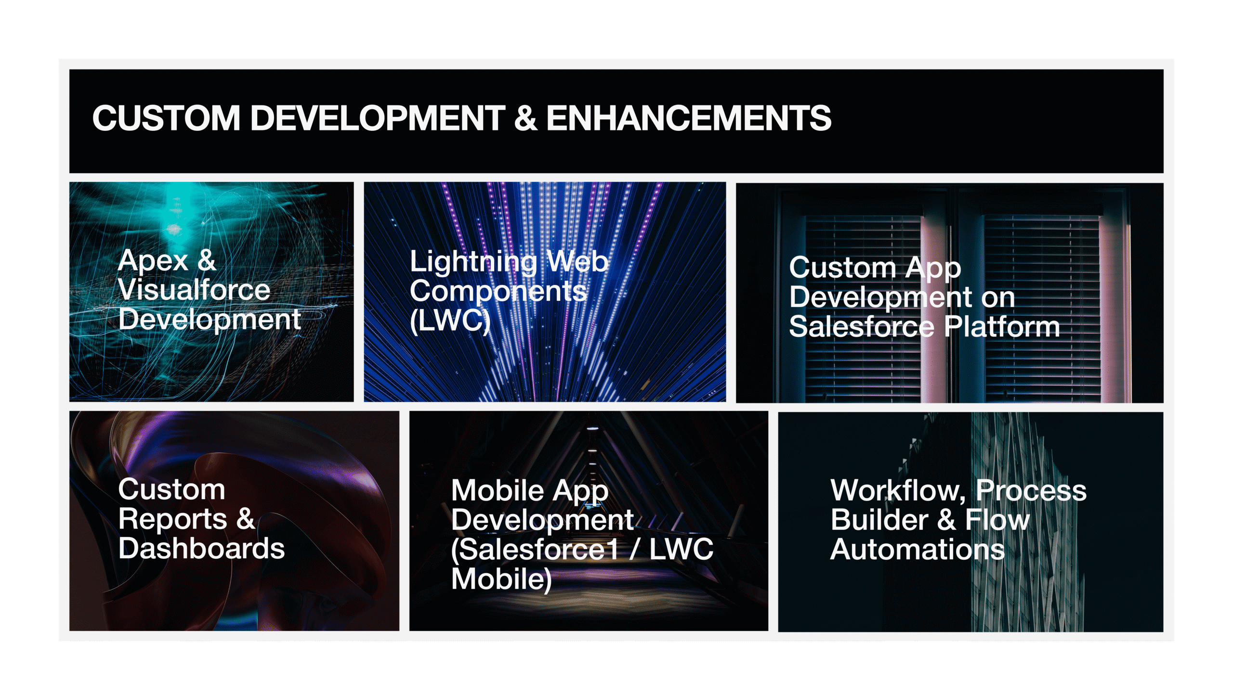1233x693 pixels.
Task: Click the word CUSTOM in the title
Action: point(166,118)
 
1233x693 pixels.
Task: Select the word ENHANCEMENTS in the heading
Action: point(689,118)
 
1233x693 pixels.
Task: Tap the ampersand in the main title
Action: point(525,118)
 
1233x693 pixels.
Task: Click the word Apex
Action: point(153,262)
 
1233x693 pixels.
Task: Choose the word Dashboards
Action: point(201,548)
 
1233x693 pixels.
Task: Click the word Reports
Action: point(173,520)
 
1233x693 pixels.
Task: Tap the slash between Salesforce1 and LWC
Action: point(634,549)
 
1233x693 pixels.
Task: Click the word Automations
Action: point(918,549)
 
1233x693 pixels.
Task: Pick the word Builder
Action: point(879,520)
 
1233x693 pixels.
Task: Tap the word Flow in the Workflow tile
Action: point(997,520)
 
